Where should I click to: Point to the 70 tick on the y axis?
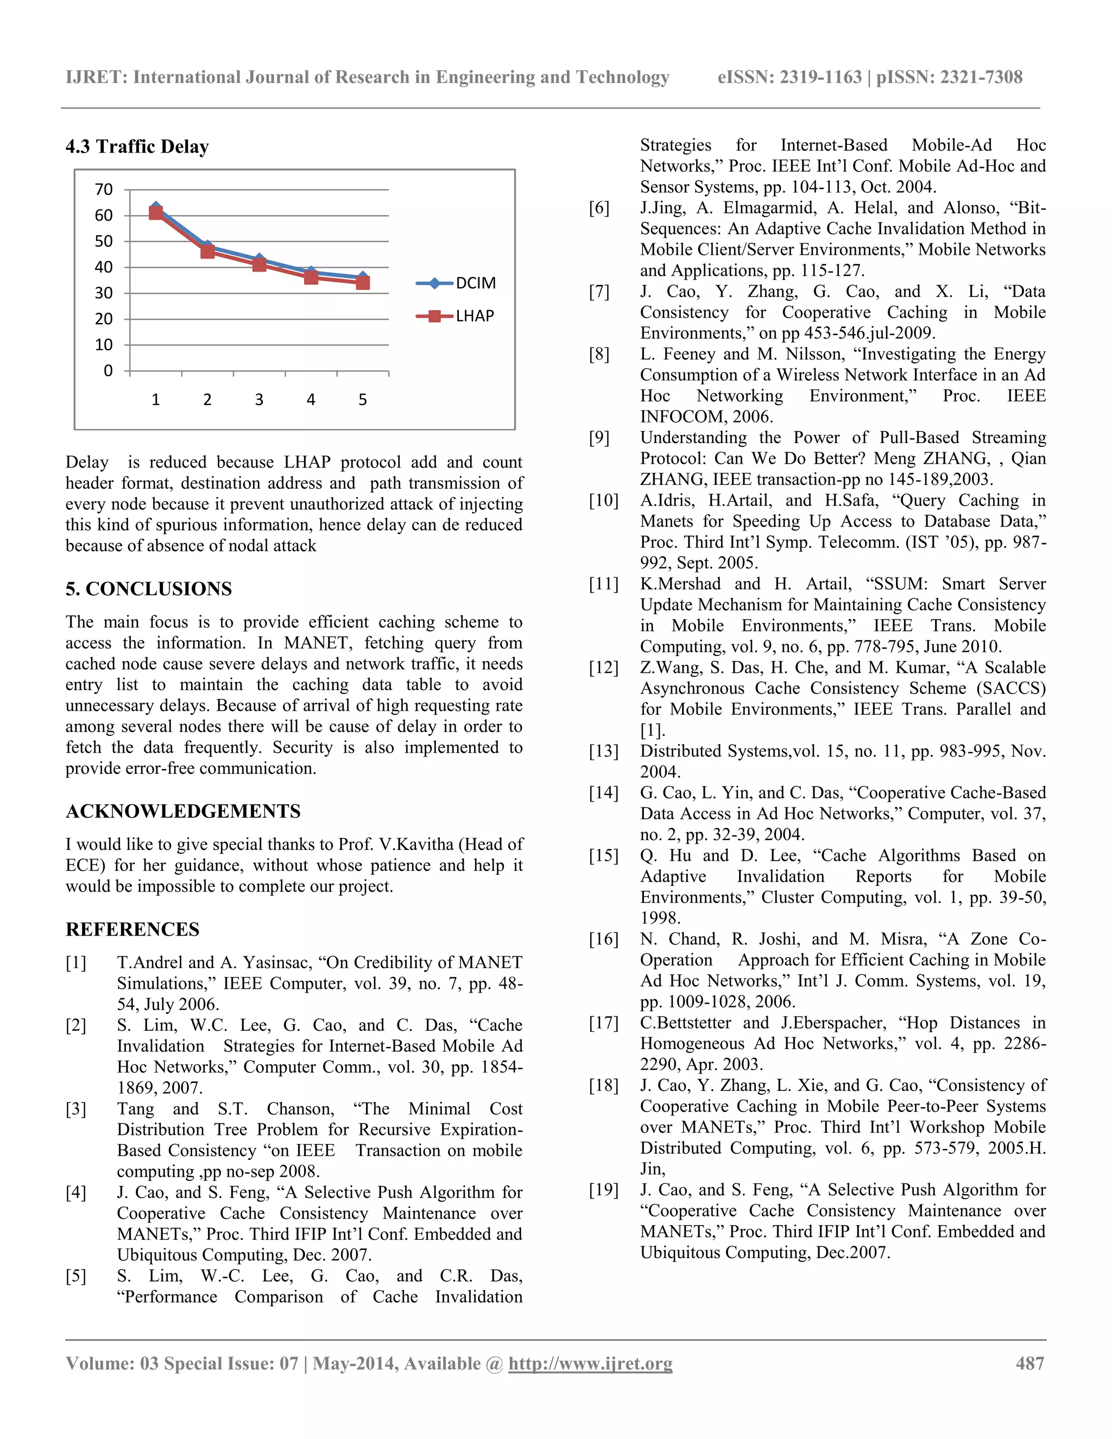click(x=104, y=190)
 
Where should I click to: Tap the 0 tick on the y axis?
click(x=109, y=371)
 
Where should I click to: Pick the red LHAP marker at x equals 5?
click(x=362, y=283)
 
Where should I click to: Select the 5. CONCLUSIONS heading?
click(x=148, y=589)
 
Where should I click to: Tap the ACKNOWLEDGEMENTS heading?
click(x=182, y=811)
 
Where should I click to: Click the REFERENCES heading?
click(x=132, y=929)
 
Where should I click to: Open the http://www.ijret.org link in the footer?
click(x=590, y=1363)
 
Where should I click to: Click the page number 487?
click(x=1029, y=1363)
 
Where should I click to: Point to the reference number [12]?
click(x=603, y=668)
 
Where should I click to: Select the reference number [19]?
click(x=603, y=1190)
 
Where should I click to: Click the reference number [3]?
click(x=76, y=1109)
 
